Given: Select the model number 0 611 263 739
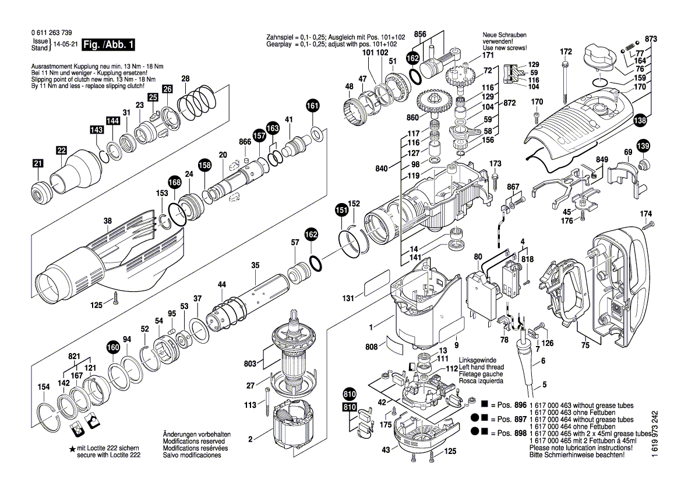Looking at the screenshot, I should (45, 33).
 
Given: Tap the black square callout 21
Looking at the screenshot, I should (38, 165).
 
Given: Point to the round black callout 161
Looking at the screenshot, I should (313, 106).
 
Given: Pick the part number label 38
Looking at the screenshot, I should (107, 221).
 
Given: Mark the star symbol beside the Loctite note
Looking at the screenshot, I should (72, 448).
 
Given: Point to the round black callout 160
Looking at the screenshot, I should (112, 348).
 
